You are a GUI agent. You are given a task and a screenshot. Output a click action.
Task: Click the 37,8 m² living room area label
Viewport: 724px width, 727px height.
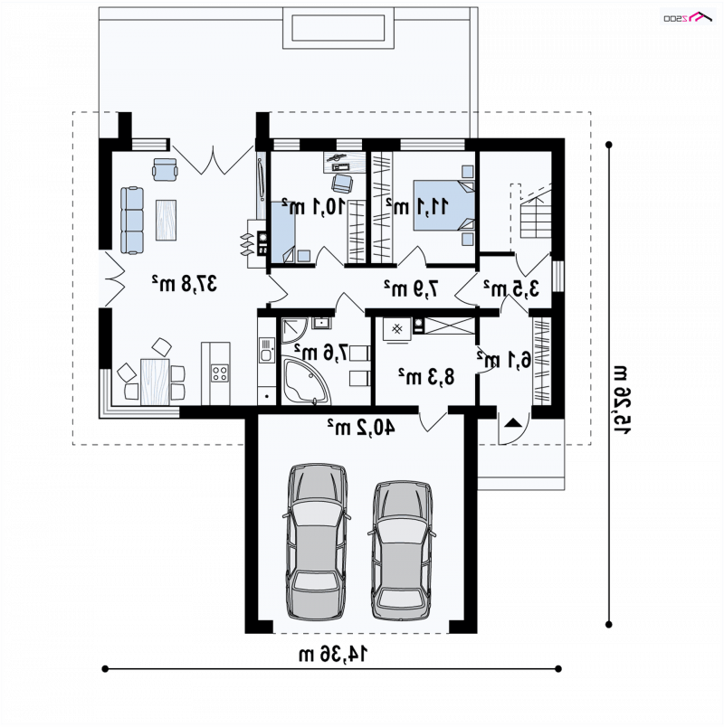click(x=185, y=283)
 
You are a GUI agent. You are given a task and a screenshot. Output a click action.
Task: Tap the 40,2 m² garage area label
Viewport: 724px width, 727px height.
click(x=361, y=427)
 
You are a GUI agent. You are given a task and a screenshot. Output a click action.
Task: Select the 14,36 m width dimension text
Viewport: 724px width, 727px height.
click(x=333, y=654)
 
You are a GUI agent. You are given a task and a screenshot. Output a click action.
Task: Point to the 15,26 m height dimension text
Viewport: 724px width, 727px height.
click(x=622, y=400)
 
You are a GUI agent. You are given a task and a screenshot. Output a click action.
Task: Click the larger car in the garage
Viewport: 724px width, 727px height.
click(x=317, y=542)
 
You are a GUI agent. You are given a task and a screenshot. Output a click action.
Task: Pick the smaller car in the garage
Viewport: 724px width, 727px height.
click(x=402, y=550)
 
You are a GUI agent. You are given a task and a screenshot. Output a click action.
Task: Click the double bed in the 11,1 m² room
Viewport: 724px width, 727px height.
click(x=444, y=205)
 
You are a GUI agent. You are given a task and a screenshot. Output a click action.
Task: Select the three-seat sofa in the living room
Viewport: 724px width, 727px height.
click(x=132, y=221)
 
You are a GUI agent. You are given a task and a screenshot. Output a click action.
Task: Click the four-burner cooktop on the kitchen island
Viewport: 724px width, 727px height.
click(x=220, y=373)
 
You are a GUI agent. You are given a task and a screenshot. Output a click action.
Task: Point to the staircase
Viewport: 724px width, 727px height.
click(x=535, y=211)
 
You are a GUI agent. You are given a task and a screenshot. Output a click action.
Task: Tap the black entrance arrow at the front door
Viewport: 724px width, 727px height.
click(x=513, y=422)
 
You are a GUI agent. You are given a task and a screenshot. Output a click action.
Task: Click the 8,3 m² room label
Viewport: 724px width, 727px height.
click(x=426, y=376)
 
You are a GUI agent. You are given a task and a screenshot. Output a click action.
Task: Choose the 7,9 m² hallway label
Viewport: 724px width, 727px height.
click(x=411, y=288)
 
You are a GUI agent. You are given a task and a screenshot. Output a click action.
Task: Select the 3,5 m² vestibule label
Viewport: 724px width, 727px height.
click(x=511, y=288)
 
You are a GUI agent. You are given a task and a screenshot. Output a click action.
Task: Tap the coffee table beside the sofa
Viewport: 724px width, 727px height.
click(x=166, y=220)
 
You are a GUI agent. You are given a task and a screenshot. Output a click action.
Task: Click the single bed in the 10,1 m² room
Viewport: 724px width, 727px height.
click(x=283, y=231)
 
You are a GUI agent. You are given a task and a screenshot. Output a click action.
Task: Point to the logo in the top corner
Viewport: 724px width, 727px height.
click(x=687, y=17)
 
